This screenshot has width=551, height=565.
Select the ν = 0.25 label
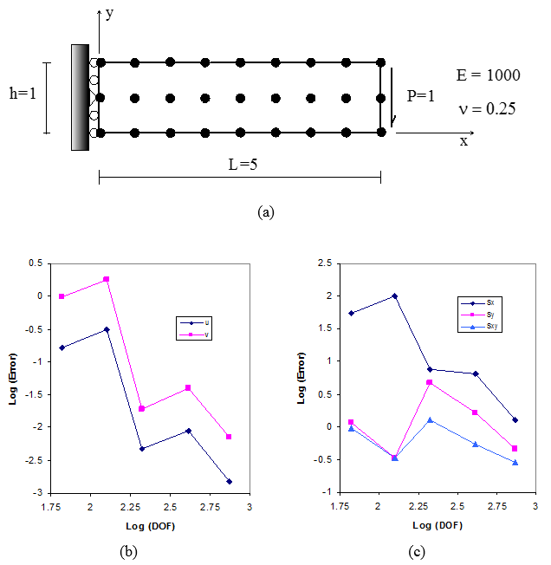point(488,108)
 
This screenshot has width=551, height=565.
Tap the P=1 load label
point(422,95)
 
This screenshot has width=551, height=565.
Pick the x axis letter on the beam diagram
point(463,141)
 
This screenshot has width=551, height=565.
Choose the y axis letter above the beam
point(109,13)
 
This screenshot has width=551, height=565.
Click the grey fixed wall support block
point(81,97)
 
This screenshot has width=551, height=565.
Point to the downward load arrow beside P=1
point(392,97)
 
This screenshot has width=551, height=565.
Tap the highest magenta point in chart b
point(107,279)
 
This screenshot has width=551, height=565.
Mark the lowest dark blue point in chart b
point(230,481)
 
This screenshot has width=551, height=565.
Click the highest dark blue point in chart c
point(394,295)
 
